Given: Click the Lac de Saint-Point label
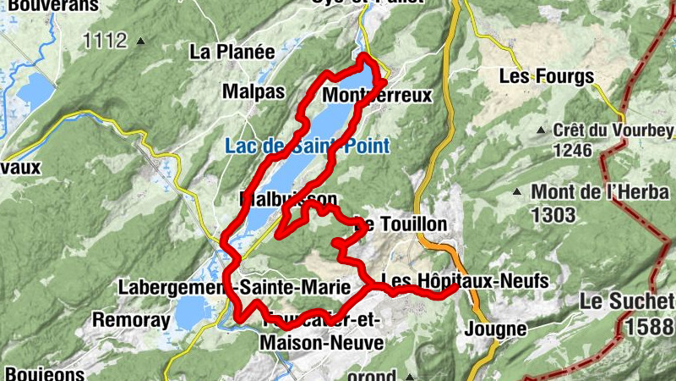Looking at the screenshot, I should click(308, 146).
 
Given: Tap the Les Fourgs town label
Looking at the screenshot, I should click(546, 76).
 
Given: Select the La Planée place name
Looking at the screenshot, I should click(232, 52).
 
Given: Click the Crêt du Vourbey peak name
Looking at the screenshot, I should click(613, 130).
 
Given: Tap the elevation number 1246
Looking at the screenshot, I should click(572, 150).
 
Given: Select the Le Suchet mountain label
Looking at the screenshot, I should click(627, 301).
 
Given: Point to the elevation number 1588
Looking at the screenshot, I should click(649, 324).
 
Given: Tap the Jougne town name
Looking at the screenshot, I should click(496, 329).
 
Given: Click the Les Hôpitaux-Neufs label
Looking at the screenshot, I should click(465, 280).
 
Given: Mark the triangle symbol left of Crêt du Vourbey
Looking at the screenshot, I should click(541, 130).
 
